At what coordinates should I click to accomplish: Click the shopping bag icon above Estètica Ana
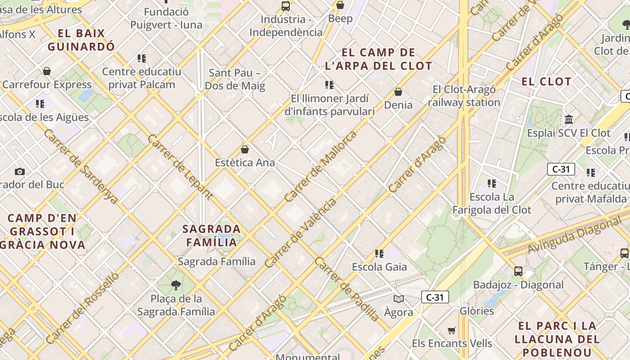[245, 149]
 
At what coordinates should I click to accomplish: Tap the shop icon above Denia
[398, 92]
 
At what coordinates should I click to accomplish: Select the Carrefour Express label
[47, 85]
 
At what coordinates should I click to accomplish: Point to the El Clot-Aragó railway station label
[464, 96]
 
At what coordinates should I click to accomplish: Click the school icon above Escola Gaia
[379, 254]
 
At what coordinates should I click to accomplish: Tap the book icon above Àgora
[398, 299]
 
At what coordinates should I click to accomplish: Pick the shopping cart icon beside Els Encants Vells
[451, 331]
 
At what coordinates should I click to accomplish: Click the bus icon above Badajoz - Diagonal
[518, 271]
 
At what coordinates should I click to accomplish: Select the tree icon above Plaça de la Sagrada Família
[176, 285]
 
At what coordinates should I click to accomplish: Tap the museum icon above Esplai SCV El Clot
[569, 120]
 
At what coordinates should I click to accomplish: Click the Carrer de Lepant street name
[180, 166]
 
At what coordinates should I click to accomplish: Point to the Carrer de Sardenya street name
[81, 166]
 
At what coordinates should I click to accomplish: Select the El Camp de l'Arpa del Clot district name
[378, 59]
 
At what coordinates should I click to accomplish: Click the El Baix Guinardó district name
[81, 40]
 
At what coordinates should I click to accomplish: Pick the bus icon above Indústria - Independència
[286, 6]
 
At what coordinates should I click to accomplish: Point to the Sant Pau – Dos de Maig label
[235, 79]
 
